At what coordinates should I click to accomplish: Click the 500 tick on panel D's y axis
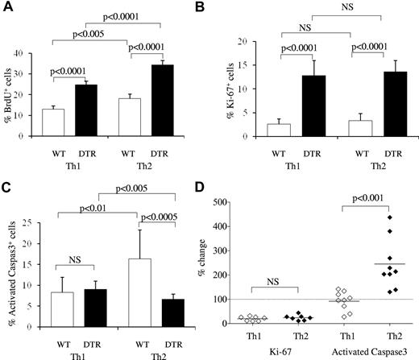click(x=261, y=191)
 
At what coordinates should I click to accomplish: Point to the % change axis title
click(x=230, y=259)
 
